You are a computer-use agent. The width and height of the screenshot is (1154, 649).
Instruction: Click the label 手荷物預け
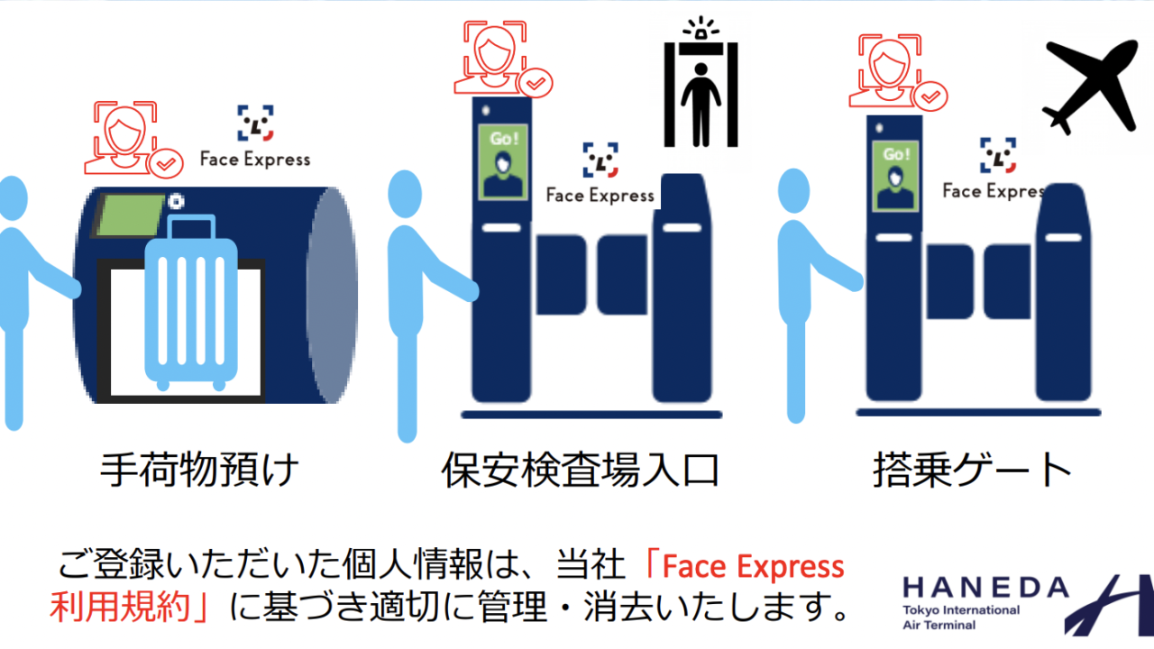coord(199,470)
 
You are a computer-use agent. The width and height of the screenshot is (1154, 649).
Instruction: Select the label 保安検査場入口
coord(580,470)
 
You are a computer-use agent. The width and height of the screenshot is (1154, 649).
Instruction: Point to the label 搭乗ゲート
coord(972,470)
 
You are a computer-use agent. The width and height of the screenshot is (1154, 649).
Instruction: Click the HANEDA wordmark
coord(986,588)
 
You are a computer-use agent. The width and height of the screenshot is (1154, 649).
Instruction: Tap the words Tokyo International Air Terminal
coord(961,617)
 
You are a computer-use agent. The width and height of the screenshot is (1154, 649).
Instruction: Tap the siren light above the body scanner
coord(701,28)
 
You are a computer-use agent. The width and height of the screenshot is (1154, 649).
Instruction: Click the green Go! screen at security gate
coord(503,161)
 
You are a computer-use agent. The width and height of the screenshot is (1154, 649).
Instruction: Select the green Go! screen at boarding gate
coord(896,176)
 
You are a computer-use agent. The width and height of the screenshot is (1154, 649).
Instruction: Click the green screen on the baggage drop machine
coord(130,215)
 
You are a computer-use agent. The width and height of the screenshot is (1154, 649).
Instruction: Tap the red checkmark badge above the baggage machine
coord(165,164)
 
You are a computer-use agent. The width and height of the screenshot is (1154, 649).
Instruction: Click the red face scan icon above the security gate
coord(503,58)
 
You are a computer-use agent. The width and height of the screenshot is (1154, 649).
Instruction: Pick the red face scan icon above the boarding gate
coord(898,72)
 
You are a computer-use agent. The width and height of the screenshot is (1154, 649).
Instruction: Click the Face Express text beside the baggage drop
coord(255,160)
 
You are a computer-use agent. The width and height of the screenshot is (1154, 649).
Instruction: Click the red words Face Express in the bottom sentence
coord(753,566)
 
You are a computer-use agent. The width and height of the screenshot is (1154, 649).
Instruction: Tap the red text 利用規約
coord(120,607)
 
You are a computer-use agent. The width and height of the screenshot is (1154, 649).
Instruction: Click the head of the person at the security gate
coord(405,194)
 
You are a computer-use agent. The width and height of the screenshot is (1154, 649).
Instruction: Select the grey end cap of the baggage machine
coord(333,295)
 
